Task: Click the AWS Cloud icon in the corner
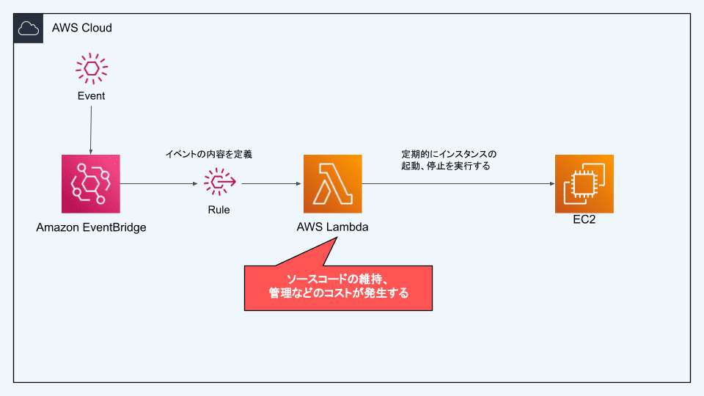coord(29,28)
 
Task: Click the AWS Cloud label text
coord(81,28)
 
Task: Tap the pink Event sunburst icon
coord(92,68)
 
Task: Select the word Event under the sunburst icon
coord(92,96)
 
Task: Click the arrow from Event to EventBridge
coord(91,128)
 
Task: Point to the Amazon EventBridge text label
coord(92,227)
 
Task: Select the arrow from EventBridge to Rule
coord(161,183)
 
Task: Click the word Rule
coord(219,210)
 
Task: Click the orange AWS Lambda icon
coord(333,183)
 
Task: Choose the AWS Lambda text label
coord(333,227)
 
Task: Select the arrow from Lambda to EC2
coord(458,183)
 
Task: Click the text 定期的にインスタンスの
coord(449,154)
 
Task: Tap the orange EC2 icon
coord(584,183)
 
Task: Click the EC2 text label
coord(584,219)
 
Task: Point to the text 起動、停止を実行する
coord(446,166)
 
